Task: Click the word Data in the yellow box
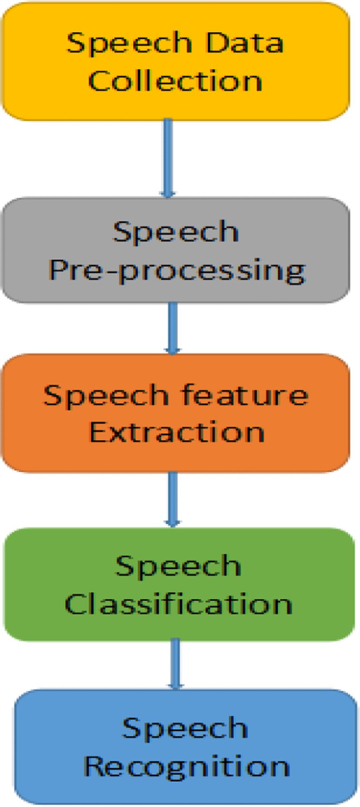245,43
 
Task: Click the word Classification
178,604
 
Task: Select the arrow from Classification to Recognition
175,664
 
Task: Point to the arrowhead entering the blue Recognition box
175,685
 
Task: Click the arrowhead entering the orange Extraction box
173,350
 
